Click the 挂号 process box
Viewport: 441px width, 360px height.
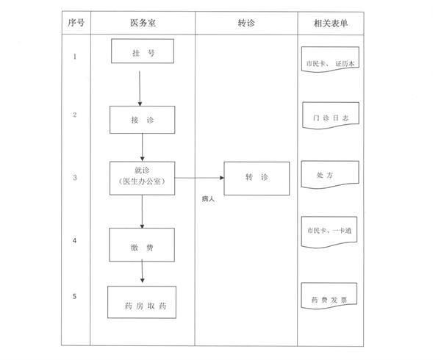coord(143,51)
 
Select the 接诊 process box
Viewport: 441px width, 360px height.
coord(143,120)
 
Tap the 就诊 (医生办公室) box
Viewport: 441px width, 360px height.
coord(143,179)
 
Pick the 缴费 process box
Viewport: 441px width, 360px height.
coord(142,245)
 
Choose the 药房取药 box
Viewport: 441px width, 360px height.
coord(142,302)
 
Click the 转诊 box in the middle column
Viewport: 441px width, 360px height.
coord(257,179)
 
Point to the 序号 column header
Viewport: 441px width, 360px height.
coord(76,23)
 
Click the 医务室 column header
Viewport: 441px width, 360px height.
coord(143,23)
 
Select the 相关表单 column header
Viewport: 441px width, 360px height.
coord(331,23)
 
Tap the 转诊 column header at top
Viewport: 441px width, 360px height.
coord(246,23)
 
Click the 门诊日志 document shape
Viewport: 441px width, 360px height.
coord(331,116)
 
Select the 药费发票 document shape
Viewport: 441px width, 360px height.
coord(329,296)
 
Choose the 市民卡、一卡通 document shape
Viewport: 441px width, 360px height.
coord(329,232)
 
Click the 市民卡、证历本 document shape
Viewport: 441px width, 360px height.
coord(330,60)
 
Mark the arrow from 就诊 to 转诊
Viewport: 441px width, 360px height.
coord(199,178)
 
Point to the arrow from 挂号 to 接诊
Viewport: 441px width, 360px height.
coord(140,88)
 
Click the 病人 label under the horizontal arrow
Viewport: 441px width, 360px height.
coord(208,199)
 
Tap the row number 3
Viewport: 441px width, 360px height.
coord(75,178)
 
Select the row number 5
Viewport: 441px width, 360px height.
coord(74,296)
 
